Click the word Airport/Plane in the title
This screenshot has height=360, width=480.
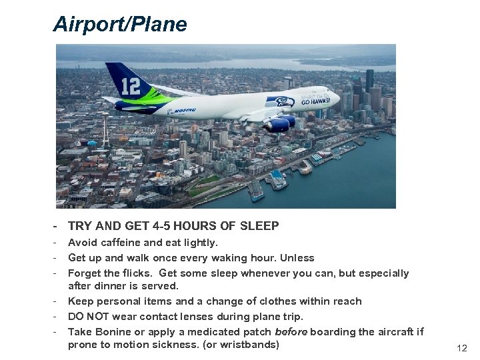click(x=120, y=25)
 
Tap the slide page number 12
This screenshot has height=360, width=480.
click(x=462, y=348)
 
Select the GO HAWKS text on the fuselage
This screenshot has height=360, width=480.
click(x=315, y=102)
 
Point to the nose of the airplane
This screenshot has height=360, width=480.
click(x=336, y=99)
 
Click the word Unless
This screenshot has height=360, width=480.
click(x=298, y=257)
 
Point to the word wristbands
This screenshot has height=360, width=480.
click(x=247, y=345)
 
